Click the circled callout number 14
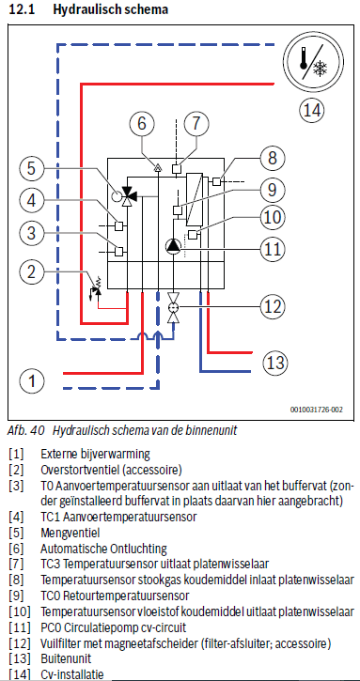(312, 110)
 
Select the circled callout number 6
(142, 123)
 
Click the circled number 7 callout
(196, 123)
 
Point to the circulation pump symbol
(173, 246)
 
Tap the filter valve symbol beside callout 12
(174, 307)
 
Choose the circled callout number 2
(32, 273)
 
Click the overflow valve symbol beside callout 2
(97, 287)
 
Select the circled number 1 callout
(32, 381)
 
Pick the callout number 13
(276, 362)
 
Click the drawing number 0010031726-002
(317, 410)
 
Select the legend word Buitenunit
(66, 658)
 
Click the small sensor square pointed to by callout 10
(193, 235)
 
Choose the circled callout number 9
(272, 189)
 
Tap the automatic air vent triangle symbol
(159, 166)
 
